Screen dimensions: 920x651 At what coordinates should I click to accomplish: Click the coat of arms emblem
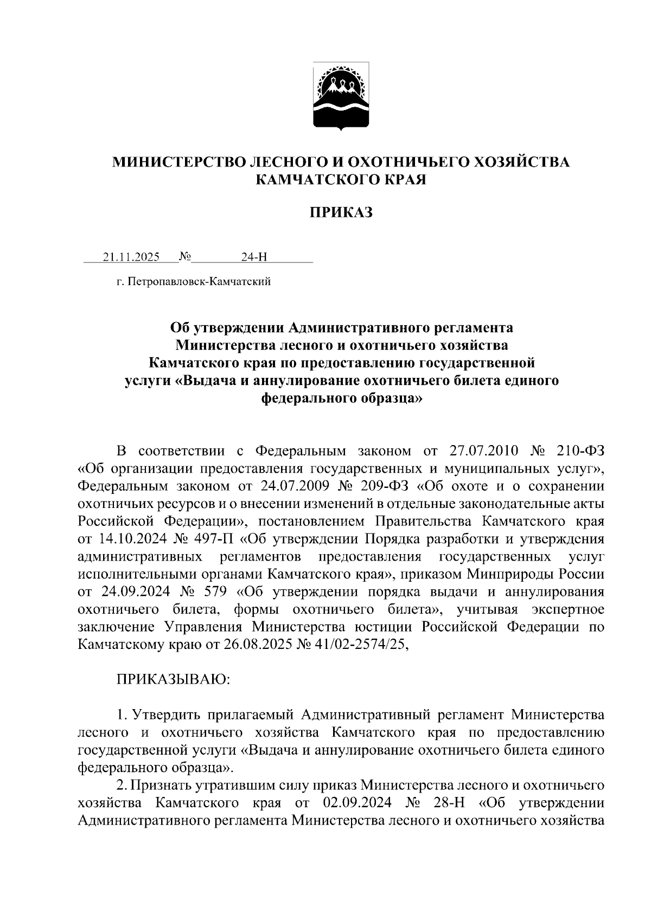click(x=341, y=97)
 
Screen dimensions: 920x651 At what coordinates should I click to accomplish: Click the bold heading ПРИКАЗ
click(x=341, y=213)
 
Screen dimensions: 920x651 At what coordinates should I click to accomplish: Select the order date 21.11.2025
click(x=131, y=257)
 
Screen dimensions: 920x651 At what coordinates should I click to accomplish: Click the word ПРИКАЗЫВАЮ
click(x=174, y=680)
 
